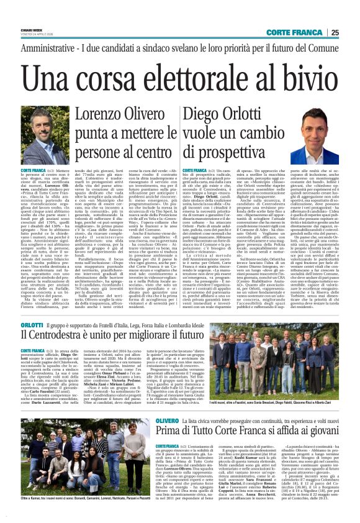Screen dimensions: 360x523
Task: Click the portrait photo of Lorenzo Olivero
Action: coord(41,142)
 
